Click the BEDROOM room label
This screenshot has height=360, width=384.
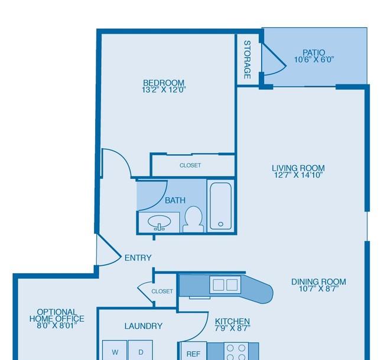(x=163, y=83)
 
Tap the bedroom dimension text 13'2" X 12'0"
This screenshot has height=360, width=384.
(x=164, y=90)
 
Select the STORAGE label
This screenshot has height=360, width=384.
(x=248, y=60)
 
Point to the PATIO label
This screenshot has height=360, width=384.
(x=314, y=53)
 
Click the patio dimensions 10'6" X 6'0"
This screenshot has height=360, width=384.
(x=314, y=60)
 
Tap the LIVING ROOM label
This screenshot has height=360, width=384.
(x=298, y=168)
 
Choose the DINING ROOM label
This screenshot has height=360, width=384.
(x=318, y=282)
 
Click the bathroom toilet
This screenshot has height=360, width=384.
(x=193, y=220)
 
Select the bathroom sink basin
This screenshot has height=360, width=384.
(x=159, y=222)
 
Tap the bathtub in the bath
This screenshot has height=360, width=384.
(x=220, y=206)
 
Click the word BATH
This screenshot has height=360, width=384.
(x=175, y=200)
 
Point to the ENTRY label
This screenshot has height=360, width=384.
(x=138, y=258)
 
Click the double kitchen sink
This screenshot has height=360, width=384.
(x=225, y=284)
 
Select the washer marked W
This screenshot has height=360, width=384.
(x=115, y=350)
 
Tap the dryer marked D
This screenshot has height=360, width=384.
(x=141, y=350)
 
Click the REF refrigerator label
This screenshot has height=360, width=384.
(x=193, y=354)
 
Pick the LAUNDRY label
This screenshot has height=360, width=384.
(x=144, y=326)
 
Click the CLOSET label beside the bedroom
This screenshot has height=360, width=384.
(x=190, y=165)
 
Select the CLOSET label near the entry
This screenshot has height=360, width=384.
(x=162, y=292)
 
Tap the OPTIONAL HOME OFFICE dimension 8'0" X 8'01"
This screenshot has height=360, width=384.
(x=57, y=326)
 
